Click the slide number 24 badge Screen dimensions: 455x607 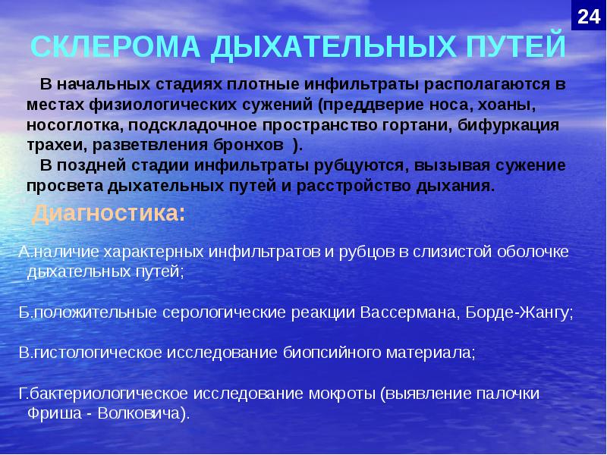588,17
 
